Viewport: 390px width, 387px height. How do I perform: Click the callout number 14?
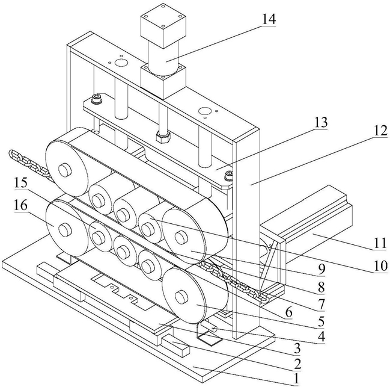[x=268, y=19]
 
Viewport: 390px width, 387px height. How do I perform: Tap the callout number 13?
[x=321, y=122]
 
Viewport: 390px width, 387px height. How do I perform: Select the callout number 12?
[x=380, y=131]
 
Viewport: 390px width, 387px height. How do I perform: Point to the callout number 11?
[x=380, y=243]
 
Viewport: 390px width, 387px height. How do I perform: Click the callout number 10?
[x=380, y=266]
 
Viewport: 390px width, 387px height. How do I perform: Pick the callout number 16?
[x=20, y=206]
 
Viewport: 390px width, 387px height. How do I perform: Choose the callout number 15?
[x=20, y=183]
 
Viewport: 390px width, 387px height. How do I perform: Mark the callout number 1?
[x=296, y=379]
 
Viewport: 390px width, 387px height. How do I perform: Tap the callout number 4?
[x=321, y=336]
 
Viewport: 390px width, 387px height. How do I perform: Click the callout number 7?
[x=321, y=303]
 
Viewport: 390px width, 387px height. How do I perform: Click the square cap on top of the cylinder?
[x=163, y=25]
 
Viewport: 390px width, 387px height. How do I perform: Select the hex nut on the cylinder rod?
[x=163, y=137]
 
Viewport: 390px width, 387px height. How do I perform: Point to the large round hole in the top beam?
[x=121, y=63]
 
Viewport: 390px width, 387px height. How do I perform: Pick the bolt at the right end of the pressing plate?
[x=229, y=175]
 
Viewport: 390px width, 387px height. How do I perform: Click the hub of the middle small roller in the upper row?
[x=123, y=214]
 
